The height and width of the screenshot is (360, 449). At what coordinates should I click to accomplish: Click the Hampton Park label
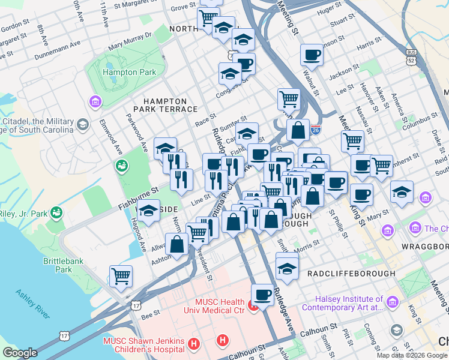coord(129,73)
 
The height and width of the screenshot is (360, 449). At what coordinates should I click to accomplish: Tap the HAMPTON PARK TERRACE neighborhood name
coord(169,104)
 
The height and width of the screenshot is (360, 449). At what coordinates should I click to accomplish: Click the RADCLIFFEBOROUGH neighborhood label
coord(351,274)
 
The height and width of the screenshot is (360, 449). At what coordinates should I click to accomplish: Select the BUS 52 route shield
coord(411,58)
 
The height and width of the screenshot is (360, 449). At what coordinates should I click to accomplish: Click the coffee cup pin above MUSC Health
coord(262,294)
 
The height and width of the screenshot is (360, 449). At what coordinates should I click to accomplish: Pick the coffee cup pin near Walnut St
coord(312,55)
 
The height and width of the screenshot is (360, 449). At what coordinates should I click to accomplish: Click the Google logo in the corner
coord(20,353)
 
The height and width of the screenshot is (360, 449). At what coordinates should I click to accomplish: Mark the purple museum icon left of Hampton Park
coord(95,102)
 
